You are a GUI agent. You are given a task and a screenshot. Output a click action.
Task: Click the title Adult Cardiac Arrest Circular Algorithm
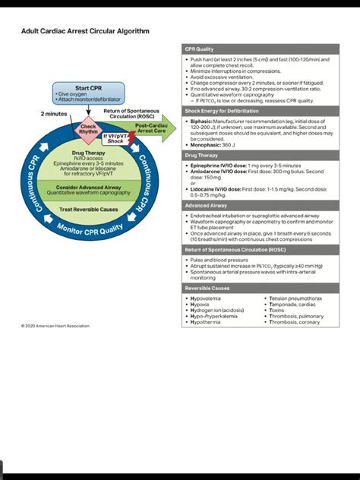(85, 32)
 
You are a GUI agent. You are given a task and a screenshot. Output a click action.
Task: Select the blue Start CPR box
(90, 93)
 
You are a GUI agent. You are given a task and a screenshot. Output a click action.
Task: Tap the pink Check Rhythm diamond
(89, 129)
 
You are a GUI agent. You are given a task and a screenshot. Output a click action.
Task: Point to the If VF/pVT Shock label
(115, 138)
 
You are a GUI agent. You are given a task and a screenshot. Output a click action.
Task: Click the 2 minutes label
(53, 114)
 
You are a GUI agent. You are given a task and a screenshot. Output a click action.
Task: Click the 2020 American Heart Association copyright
(55, 326)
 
